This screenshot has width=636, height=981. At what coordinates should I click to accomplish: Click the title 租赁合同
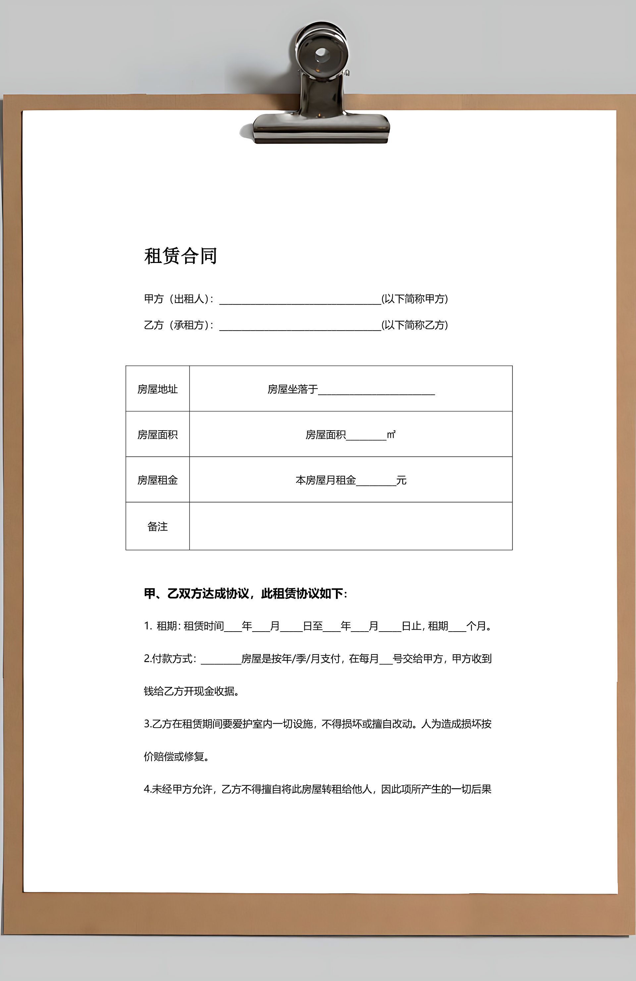point(181,256)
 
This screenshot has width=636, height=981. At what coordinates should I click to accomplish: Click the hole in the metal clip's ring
point(322,54)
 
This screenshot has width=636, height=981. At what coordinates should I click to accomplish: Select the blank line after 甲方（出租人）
point(300,300)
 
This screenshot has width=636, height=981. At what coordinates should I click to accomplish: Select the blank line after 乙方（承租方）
point(300,326)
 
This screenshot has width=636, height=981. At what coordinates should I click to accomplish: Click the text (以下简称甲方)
point(414,299)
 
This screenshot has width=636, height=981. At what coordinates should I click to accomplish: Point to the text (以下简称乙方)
point(414,325)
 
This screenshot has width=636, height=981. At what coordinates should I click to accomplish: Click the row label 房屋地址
point(157,389)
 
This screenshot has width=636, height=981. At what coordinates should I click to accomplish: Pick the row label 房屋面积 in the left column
point(157,435)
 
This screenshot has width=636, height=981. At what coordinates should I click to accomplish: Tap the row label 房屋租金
point(157,480)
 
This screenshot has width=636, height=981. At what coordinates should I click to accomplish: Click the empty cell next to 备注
point(350,526)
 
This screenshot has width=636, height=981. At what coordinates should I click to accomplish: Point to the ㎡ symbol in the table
point(391,435)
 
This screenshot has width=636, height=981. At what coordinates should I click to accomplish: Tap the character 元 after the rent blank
point(401,480)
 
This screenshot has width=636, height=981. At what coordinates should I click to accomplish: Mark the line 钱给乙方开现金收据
point(191,691)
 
